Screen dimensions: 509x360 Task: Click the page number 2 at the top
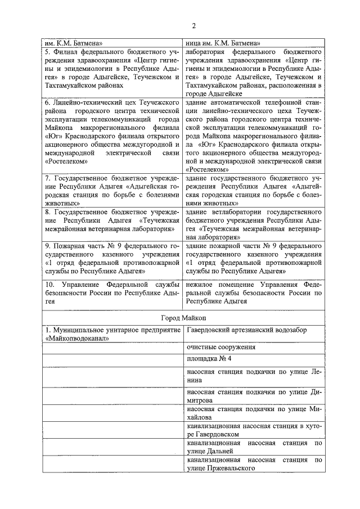(x=193, y=26)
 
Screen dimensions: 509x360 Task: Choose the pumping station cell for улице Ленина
(x=255, y=375)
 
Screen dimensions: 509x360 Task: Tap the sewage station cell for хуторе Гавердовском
(x=255, y=430)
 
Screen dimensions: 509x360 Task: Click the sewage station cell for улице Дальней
(x=255, y=448)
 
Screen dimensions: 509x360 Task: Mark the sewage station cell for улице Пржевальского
(x=255, y=463)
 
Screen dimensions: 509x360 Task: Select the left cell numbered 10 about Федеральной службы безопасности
(x=112, y=293)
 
